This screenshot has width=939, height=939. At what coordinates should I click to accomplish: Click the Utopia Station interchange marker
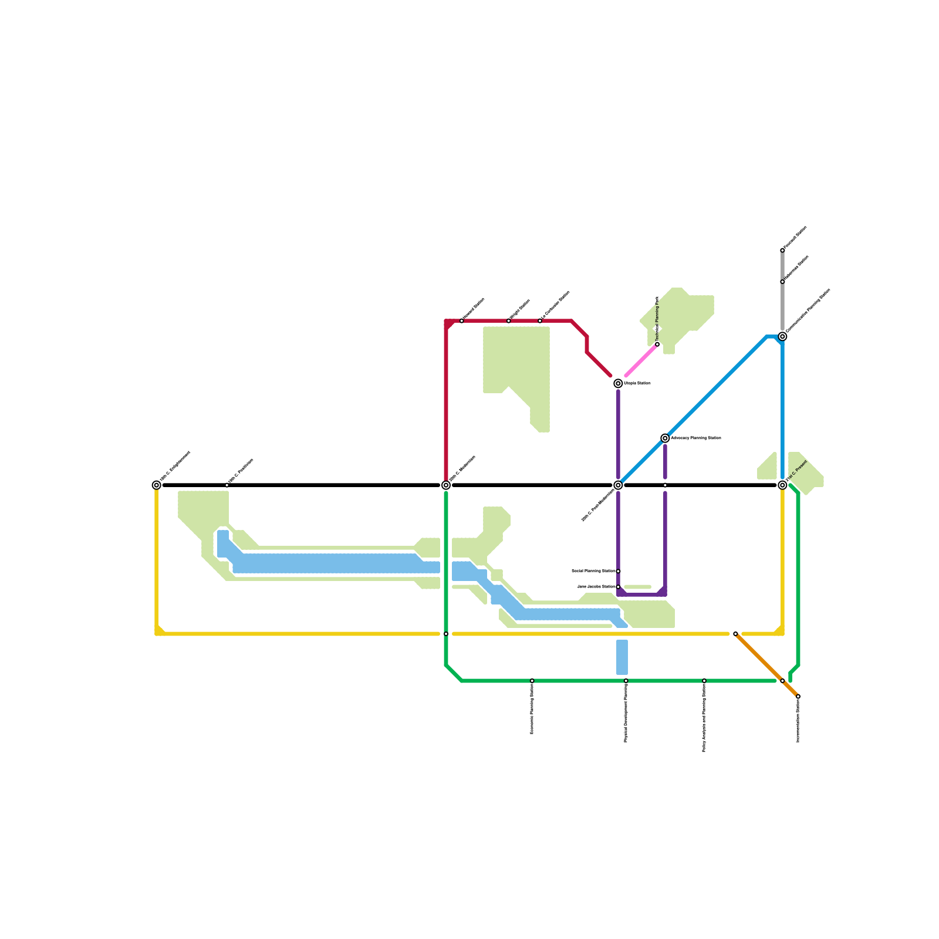point(618,383)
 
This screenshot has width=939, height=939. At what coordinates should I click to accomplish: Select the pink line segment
point(641,360)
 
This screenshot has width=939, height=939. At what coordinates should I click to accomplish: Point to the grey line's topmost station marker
point(782,251)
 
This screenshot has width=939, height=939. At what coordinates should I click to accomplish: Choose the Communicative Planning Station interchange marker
point(782,336)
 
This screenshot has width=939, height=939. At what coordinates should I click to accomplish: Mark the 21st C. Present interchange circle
point(782,485)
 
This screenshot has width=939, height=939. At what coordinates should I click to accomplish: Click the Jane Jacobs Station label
point(596,586)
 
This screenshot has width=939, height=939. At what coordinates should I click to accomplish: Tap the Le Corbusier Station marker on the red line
point(540,321)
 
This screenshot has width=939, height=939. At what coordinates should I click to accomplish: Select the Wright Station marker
point(509,321)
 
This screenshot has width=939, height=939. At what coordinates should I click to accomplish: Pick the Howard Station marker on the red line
point(462,321)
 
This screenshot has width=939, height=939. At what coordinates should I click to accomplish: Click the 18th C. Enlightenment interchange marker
point(157,485)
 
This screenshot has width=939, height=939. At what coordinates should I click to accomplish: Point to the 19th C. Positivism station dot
point(227,485)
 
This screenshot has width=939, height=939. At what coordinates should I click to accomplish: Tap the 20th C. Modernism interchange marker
point(446,485)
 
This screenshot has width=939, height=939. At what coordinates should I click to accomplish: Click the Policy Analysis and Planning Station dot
point(704,681)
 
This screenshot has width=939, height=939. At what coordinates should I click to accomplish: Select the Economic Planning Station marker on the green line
point(532,681)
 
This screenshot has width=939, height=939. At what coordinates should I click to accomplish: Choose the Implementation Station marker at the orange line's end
point(798,697)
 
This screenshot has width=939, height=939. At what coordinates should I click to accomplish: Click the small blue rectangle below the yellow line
point(622,657)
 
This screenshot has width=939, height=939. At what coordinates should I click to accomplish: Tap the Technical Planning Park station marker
point(657,344)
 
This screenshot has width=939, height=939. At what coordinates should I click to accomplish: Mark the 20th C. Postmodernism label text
point(597,505)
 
